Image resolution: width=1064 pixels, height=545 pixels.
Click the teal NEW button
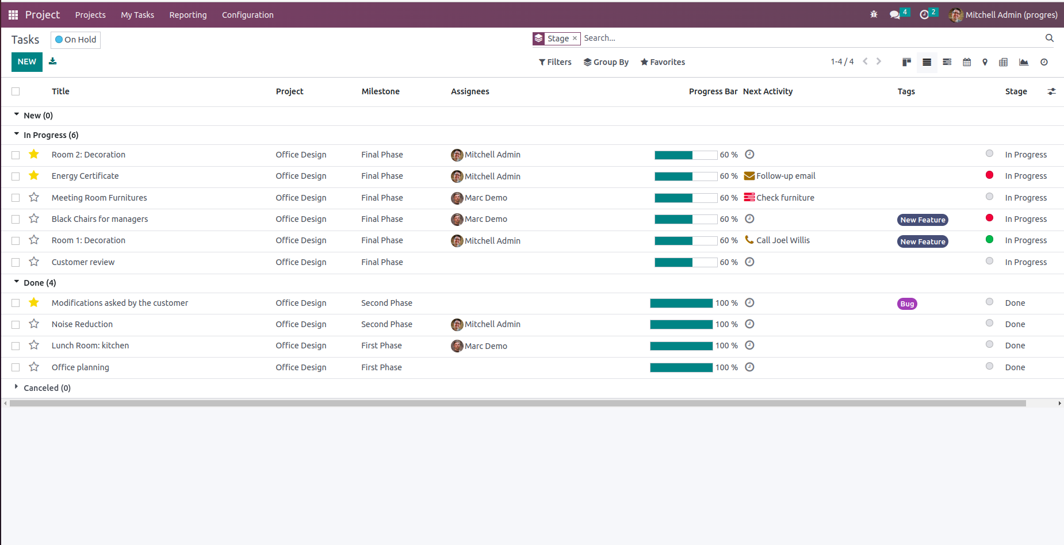click(x=27, y=62)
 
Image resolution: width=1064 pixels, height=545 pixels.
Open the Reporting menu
click(x=188, y=15)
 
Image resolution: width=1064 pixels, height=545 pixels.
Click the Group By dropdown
click(x=606, y=62)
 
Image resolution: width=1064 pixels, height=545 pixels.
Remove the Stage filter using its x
click(x=575, y=39)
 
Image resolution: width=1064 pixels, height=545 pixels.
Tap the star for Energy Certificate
click(x=34, y=175)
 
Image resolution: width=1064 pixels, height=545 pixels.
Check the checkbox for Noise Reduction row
click(x=16, y=325)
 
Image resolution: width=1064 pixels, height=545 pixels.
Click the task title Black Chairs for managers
click(x=99, y=219)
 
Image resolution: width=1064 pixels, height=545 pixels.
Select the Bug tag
click(x=907, y=304)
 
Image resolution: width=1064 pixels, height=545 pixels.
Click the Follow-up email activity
click(x=780, y=176)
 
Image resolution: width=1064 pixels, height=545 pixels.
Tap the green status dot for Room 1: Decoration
click(x=989, y=239)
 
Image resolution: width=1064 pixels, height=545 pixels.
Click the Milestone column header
click(x=381, y=91)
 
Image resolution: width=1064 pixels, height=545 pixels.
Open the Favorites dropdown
click(x=663, y=62)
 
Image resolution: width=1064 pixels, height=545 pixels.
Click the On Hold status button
click(x=76, y=40)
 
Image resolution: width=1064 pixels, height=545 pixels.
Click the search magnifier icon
click(x=1050, y=38)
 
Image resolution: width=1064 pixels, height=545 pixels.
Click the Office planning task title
click(x=81, y=367)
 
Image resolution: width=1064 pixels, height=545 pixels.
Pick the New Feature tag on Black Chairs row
click(x=923, y=220)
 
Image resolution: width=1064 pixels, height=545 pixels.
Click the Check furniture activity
click(x=779, y=198)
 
